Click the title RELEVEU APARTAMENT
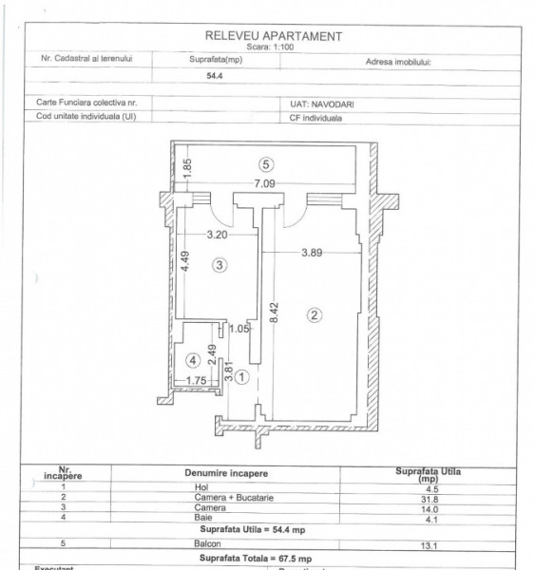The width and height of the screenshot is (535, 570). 274,36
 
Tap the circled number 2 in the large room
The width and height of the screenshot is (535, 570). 316,313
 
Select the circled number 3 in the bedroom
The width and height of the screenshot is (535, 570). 220,266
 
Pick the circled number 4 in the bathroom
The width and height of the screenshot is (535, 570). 194,360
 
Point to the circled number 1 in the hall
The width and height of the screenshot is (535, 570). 242,377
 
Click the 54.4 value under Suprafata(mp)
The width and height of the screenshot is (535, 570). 201,81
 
